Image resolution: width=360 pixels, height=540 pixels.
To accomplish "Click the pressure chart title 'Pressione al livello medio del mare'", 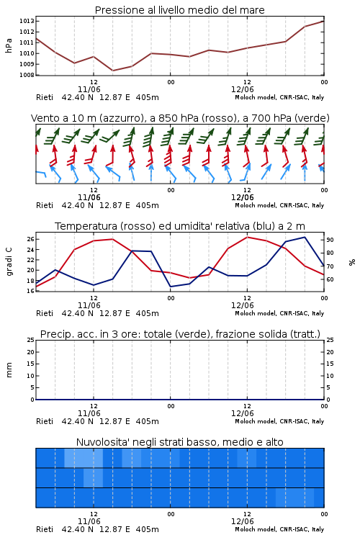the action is tap(179, 10).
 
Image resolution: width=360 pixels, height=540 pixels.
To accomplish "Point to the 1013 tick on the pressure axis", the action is tap(27, 21).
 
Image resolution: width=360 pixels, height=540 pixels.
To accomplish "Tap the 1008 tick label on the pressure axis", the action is tap(27, 75).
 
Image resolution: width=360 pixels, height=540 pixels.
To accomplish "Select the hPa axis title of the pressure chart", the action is tap(9, 45).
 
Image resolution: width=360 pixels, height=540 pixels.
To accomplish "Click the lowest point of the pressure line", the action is tap(112, 71).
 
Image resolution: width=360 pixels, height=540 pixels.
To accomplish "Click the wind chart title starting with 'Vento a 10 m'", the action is tap(180, 118).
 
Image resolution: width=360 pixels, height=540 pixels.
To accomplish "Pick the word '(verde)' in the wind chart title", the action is tap(313, 118).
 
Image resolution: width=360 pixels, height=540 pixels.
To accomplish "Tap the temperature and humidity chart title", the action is tap(180, 226).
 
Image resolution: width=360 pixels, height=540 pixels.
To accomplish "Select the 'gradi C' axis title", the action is tap(9, 262).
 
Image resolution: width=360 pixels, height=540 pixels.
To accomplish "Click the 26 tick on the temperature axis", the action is tap(30, 239).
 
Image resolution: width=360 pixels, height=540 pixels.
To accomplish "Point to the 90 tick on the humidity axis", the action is tap(330, 240).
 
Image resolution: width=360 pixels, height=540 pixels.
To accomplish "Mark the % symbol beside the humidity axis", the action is tap(352, 262).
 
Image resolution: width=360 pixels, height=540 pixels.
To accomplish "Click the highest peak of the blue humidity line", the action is tap(305, 237).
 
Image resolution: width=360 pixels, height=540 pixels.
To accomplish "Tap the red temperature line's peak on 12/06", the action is tap(247, 237).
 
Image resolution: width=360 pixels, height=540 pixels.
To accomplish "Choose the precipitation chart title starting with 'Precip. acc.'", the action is tap(180, 334).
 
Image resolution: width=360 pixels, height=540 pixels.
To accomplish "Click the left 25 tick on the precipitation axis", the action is tap(30, 340).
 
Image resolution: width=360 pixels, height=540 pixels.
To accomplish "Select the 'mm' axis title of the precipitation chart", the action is tap(9, 370).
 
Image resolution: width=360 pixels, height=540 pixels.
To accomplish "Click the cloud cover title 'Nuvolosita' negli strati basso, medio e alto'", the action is tap(179, 442).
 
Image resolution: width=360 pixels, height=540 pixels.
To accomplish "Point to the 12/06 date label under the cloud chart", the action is tap(242, 521).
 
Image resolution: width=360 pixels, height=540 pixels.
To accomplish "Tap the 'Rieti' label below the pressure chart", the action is tap(45, 97).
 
